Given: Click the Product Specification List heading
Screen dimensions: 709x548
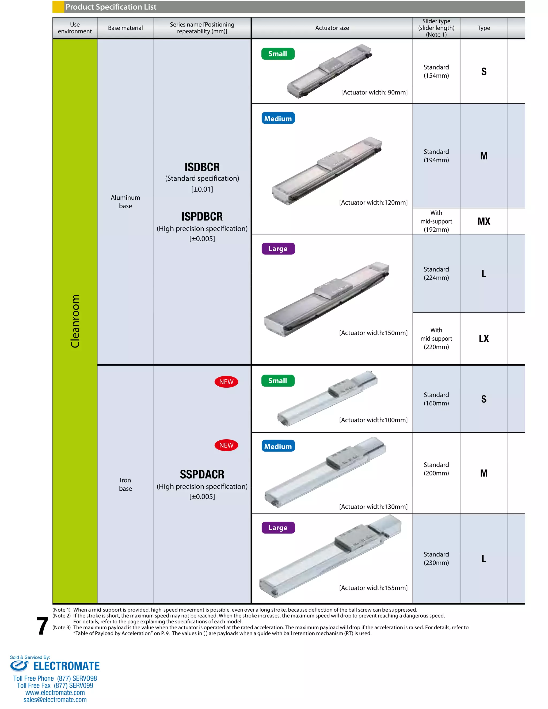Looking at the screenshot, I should coord(111,7).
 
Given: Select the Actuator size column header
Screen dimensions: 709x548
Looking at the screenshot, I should coord(332,28).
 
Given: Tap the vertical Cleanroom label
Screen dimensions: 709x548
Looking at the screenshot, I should coord(75,321).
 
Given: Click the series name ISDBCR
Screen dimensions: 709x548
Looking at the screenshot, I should coord(202,167).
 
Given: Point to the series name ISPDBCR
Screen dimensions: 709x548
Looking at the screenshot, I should coord(202,216).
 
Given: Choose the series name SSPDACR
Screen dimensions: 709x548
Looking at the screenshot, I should coord(202,474).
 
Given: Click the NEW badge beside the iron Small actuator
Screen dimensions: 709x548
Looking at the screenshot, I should coord(226,382).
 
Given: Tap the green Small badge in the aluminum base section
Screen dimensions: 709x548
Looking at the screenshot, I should coord(277,54).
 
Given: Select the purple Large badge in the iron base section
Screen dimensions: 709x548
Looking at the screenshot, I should coord(278,528).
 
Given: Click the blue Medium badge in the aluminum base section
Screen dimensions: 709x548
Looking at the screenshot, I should coord(278,119).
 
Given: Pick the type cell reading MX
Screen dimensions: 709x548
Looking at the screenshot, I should coord(484,222).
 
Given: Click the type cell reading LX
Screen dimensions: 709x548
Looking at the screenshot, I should coord(484,339).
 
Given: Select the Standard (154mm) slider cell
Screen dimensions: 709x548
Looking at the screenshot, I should coord(436,71).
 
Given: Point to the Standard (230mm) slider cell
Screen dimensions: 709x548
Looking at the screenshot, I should coord(436,558).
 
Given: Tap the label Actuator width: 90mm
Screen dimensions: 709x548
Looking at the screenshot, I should coord(374,93).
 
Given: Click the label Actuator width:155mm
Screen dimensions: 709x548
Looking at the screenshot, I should coord(373,588).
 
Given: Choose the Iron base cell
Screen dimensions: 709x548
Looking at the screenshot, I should coord(125,484).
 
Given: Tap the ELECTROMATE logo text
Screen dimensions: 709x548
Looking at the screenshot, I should coord(66,666).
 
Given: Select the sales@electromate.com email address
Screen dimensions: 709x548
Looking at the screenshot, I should coord(55,700).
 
